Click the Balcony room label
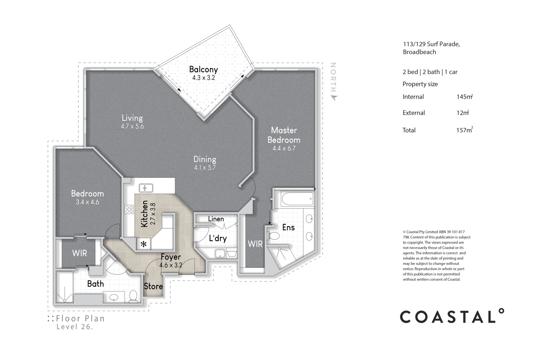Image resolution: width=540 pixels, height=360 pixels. (203, 70)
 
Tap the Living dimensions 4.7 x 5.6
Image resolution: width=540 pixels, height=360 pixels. (132, 127)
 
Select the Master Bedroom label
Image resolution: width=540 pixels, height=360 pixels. (284, 135)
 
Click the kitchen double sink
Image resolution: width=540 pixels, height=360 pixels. (146, 188)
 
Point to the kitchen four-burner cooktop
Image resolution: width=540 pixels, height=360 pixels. (129, 209)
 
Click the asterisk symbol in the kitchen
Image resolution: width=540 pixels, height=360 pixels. (144, 244)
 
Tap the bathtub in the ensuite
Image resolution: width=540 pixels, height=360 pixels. (297, 199)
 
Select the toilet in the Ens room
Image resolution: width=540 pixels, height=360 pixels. (274, 235)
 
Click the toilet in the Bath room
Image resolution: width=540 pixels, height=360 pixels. (133, 296)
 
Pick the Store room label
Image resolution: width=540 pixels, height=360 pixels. (153, 286)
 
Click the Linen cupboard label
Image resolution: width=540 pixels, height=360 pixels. (216, 219)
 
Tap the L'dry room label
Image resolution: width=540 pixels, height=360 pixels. (218, 238)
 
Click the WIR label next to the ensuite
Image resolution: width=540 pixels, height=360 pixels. (255, 244)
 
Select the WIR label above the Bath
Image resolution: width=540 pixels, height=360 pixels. (79, 253)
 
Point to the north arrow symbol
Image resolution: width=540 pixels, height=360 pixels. (334, 98)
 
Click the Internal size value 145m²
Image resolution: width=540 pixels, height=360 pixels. (464, 97)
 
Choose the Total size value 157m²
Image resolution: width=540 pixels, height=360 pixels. (464, 130)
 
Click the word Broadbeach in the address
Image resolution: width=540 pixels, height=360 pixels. (419, 52)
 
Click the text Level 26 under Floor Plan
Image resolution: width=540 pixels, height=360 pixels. (75, 327)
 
